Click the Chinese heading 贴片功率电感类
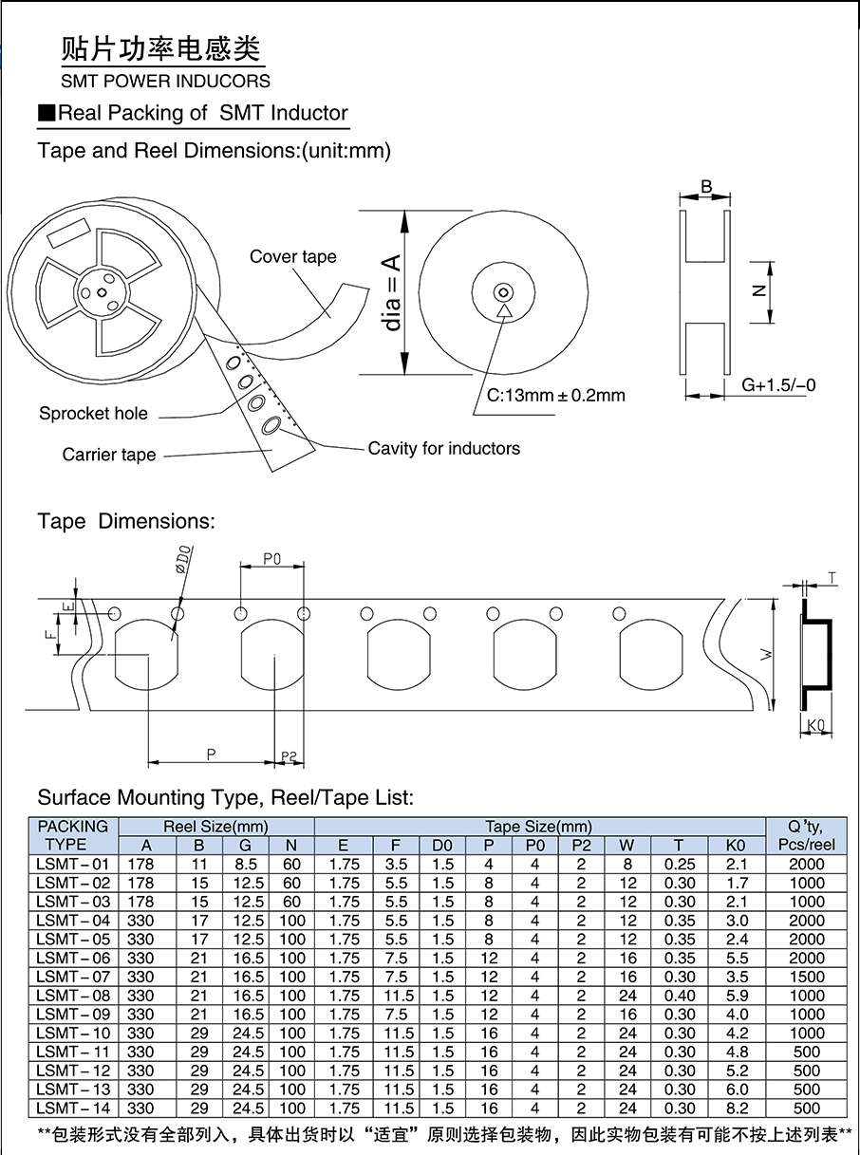160,48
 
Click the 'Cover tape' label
292,257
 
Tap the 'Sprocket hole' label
93,413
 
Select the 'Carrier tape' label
109,455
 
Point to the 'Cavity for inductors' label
443,448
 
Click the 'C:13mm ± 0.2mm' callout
556,396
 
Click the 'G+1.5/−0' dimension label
778,385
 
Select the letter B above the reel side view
706,187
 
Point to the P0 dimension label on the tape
271,560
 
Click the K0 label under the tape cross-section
813,726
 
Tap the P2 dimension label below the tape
290,756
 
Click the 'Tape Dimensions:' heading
126,521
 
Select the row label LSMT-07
72,977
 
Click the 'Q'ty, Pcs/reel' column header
806,835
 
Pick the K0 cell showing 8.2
737,1108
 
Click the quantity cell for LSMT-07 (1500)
806,977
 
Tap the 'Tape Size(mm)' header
538,827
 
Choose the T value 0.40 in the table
680,996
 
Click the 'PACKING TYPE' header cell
72,835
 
